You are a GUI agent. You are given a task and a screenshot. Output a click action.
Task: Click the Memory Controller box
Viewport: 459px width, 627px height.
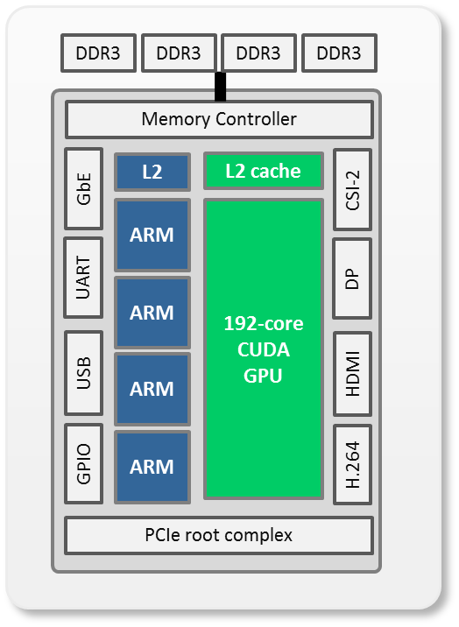[x=219, y=119]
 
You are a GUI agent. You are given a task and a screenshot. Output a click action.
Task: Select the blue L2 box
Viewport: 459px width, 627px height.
[x=152, y=172]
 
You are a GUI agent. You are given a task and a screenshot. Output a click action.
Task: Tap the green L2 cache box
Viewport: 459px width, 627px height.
[x=264, y=171]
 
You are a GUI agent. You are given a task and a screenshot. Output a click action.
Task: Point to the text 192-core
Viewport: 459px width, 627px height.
[x=264, y=323]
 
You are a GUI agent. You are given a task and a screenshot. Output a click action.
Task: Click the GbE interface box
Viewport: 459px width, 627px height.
[x=83, y=189]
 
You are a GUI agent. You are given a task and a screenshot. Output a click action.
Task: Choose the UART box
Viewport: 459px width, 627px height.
[x=83, y=278]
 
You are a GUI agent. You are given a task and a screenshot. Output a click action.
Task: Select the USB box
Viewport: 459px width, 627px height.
[x=83, y=373]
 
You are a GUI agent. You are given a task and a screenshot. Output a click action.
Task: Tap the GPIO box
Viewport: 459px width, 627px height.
[x=83, y=463]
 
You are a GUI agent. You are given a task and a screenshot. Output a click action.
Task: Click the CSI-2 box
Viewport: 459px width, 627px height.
[x=353, y=189]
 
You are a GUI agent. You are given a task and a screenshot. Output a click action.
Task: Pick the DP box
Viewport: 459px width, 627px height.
[x=352, y=278]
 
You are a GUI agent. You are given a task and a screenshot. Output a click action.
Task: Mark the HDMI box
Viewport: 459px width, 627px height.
[x=353, y=373]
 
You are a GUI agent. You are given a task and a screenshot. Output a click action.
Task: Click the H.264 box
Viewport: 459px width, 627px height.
[x=353, y=464]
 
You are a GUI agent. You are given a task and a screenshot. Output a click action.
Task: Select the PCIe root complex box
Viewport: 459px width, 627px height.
[x=219, y=535]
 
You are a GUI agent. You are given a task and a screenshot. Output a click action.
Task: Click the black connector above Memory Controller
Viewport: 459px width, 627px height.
[x=221, y=87]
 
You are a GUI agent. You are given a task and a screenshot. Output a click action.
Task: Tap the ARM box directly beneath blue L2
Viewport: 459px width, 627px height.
[x=152, y=235]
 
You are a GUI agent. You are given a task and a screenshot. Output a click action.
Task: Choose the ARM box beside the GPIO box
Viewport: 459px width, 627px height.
[x=152, y=467]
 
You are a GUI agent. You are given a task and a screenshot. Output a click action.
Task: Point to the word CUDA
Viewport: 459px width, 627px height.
[x=264, y=349]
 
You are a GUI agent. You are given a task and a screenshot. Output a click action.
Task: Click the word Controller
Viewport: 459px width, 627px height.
[x=256, y=119]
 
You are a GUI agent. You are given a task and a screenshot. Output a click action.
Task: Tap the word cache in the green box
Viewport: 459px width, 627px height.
[x=275, y=171]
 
